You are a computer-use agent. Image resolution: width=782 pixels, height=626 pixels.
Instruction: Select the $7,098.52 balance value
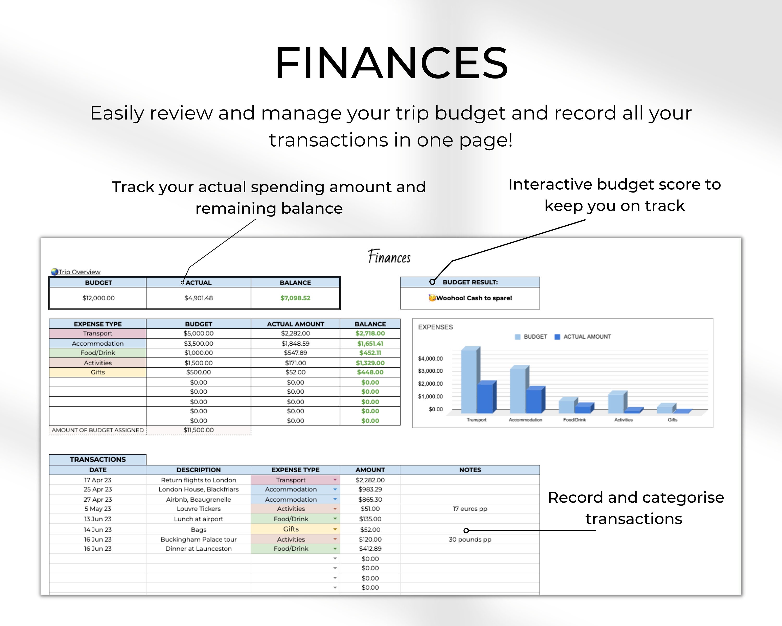coord(295,298)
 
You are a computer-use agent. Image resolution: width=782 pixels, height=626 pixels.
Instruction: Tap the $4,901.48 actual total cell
coord(198,298)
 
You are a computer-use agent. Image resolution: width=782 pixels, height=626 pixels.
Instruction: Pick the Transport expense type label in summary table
coord(97,333)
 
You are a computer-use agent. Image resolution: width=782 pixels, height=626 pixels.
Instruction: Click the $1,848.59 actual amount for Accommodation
coord(296,343)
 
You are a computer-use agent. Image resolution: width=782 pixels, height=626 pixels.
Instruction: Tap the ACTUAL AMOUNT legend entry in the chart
coord(583,337)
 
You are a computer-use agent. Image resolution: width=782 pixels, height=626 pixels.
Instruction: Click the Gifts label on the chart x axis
coord(673,420)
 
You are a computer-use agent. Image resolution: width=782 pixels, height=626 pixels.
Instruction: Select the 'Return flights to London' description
coord(198,480)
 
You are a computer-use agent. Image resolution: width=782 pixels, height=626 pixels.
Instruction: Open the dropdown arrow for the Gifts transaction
coord(335,529)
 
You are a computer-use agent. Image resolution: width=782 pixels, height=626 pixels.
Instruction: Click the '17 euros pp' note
coord(470,509)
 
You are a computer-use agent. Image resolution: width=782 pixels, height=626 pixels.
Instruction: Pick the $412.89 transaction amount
coord(370,549)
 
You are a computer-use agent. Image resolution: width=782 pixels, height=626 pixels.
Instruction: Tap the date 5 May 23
coord(97,509)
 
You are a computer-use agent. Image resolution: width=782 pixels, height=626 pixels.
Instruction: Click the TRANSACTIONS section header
coord(97,459)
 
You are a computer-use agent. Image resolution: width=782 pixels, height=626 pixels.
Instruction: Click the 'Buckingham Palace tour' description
coord(198,539)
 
